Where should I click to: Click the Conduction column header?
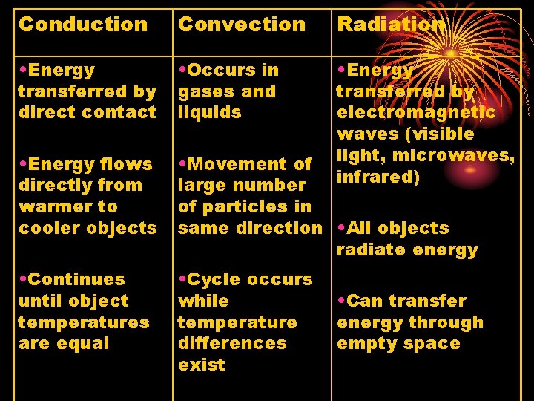[x=83, y=24]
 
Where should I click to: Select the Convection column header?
[x=242, y=24]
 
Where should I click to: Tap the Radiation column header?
[x=391, y=24]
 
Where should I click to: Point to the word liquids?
[x=210, y=113]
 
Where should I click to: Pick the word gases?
[x=202, y=92]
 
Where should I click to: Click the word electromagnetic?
[x=416, y=113]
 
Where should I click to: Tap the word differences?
[x=231, y=344]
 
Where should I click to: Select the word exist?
[x=201, y=365]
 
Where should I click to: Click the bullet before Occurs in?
[x=182, y=71]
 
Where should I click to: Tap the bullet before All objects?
[x=341, y=229]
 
